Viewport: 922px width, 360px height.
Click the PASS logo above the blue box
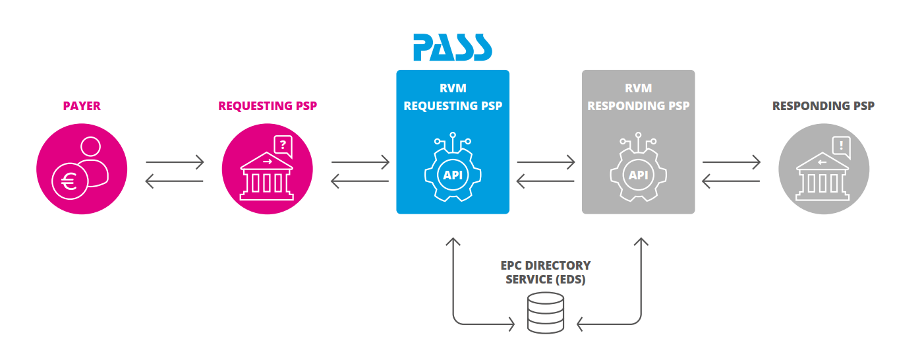[x=453, y=47]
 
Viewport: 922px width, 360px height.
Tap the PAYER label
[x=82, y=106]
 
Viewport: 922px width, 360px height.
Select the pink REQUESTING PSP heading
[x=267, y=106]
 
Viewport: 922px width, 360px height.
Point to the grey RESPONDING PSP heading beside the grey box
[x=823, y=106]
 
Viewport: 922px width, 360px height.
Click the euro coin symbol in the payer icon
[x=69, y=181]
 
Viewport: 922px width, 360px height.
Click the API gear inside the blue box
[x=453, y=173]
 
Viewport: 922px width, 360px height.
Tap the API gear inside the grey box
[x=638, y=173]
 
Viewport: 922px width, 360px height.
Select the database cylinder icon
[x=546, y=313]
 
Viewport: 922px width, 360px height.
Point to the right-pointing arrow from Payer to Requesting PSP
[x=175, y=161]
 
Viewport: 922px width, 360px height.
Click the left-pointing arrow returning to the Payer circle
[x=175, y=181]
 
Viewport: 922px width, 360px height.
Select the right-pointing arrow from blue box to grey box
[x=546, y=161]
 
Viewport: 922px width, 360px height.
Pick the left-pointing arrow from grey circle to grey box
[x=732, y=181]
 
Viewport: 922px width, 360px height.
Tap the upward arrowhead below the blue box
[x=453, y=242]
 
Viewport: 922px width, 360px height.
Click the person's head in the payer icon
[x=90, y=148]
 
